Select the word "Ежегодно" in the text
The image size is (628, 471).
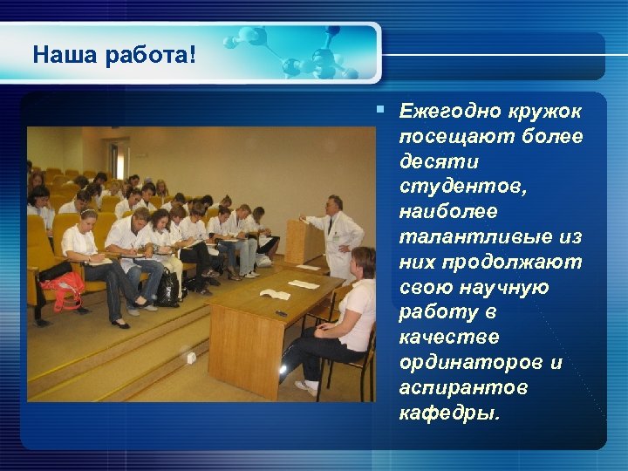pos(447,112)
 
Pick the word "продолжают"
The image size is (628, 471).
pos(515,263)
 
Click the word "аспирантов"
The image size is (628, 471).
pos(453,387)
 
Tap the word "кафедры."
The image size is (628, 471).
pos(448,413)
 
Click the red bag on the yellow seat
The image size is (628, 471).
pos(62,291)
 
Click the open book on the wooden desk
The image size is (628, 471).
pos(275,294)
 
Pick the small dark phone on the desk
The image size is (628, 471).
pos(282,311)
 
